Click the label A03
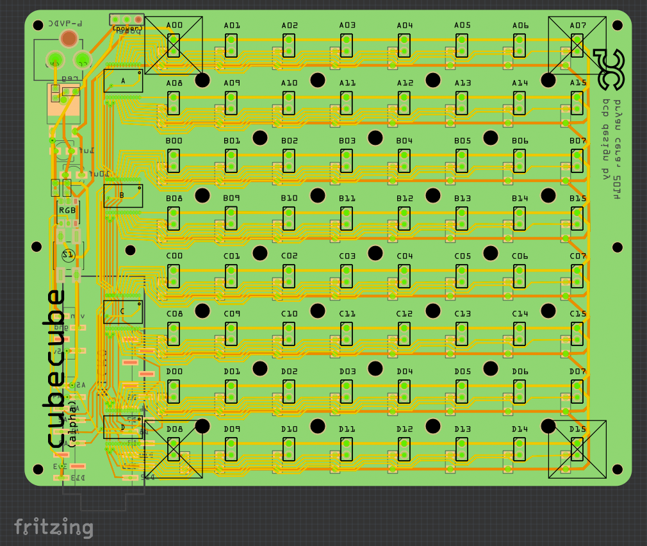pyautogui.click(x=347, y=26)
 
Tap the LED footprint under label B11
pyautogui.click(x=347, y=219)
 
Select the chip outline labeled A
pyautogui.click(x=123, y=81)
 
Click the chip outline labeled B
pyautogui.click(x=123, y=195)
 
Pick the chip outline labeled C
pyautogui.click(x=123, y=312)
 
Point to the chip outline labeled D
pyautogui.click(x=123, y=427)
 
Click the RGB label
pyautogui.click(x=67, y=210)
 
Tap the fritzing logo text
pyautogui.click(x=54, y=527)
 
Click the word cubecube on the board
pyautogui.click(x=56, y=368)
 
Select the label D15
pyautogui.click(x=578, y=429)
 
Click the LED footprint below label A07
pyautogui.click(x=577, y=45)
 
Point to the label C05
pyautogui.click(x=463, y=256)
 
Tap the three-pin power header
pyautogui.click(x=126, y=20)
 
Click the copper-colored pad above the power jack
pyautogui.click(x=69, y=39)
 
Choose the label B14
pyautogui.click(x=520, y=199)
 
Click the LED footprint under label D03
pyautogui.click(x=347, y=392)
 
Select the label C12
pyautogui.click(x=404, y=314)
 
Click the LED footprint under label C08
pyautogui.click(x=174, y=334)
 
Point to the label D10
pyautogui.click(x=290, y=429)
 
